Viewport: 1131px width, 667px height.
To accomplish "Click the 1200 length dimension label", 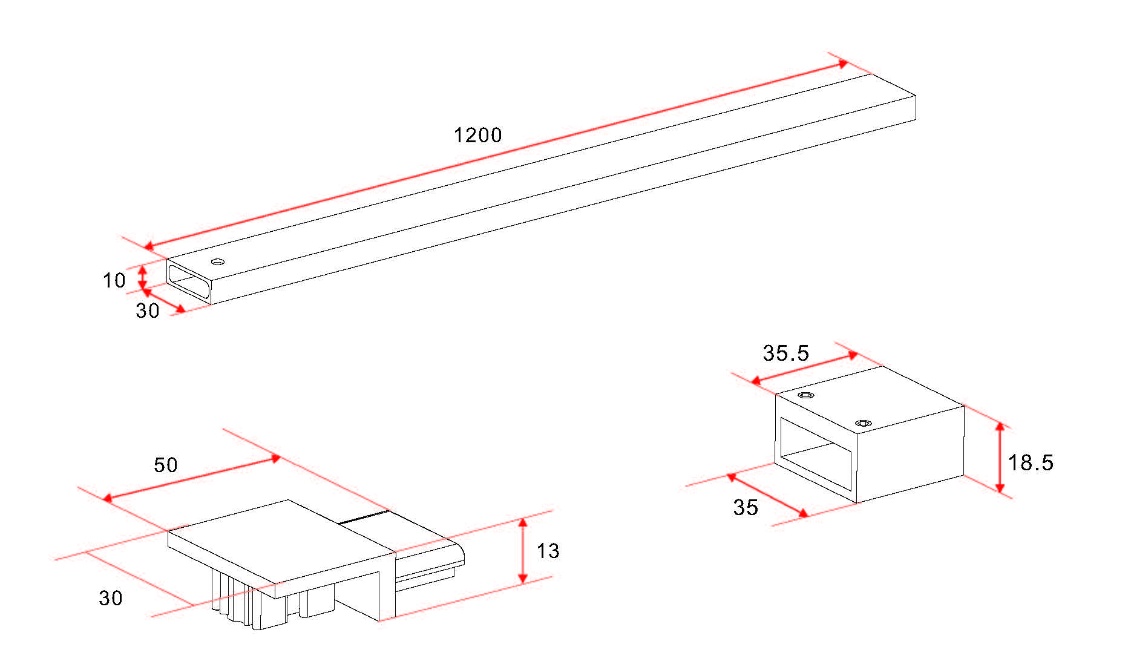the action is (x=478, y=135).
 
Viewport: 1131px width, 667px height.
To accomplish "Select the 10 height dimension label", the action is (x=114, y=280).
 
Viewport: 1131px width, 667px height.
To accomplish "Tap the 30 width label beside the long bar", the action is (x=148, y=310).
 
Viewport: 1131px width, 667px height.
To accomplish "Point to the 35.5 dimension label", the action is (x=785, y=353).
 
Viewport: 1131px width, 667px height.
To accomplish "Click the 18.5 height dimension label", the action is (x=1031, y=463).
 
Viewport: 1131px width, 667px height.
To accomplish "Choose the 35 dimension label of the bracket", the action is (x=746, y=507).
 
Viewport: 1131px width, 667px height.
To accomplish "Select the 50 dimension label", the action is (x=166, y=465).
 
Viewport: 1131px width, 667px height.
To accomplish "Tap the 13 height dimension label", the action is (x=548, y=551).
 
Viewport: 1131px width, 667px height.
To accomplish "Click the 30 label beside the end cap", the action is (x=111, y=598).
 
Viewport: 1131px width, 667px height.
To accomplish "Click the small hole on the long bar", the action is (x=218, y=262).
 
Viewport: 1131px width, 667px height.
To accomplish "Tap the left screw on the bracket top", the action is (x=806, y=395).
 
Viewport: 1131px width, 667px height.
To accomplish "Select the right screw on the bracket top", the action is (x=863, y=423).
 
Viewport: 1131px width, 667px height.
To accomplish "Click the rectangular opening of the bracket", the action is (x=816, y=454).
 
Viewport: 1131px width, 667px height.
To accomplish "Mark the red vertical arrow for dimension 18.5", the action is (x=1000, y=458).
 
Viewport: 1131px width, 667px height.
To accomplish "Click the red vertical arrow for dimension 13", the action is (x=523, y=551).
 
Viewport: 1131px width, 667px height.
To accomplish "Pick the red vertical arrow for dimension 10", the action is (x=142, y=278).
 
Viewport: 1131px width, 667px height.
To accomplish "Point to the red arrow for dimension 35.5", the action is (x=804, y=369).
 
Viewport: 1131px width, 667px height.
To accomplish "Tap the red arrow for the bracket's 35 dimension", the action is (x=767, y=495).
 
